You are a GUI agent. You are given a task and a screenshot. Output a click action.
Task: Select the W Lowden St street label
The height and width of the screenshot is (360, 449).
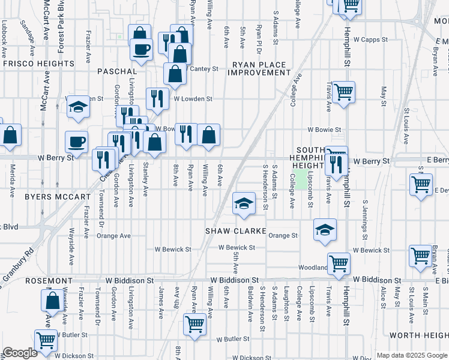(193, 98)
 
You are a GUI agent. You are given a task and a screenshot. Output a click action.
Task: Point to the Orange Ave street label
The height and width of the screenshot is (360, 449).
(113, 236)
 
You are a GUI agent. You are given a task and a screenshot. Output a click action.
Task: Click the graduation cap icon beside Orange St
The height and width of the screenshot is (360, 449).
(325, 230)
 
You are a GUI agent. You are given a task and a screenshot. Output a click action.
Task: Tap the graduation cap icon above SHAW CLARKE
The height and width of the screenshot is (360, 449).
(244, 203)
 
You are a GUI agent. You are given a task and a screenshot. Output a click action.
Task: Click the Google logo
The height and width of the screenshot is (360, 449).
(20, 353)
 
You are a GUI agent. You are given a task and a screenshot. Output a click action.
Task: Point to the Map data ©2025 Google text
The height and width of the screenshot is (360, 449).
(411, 355)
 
